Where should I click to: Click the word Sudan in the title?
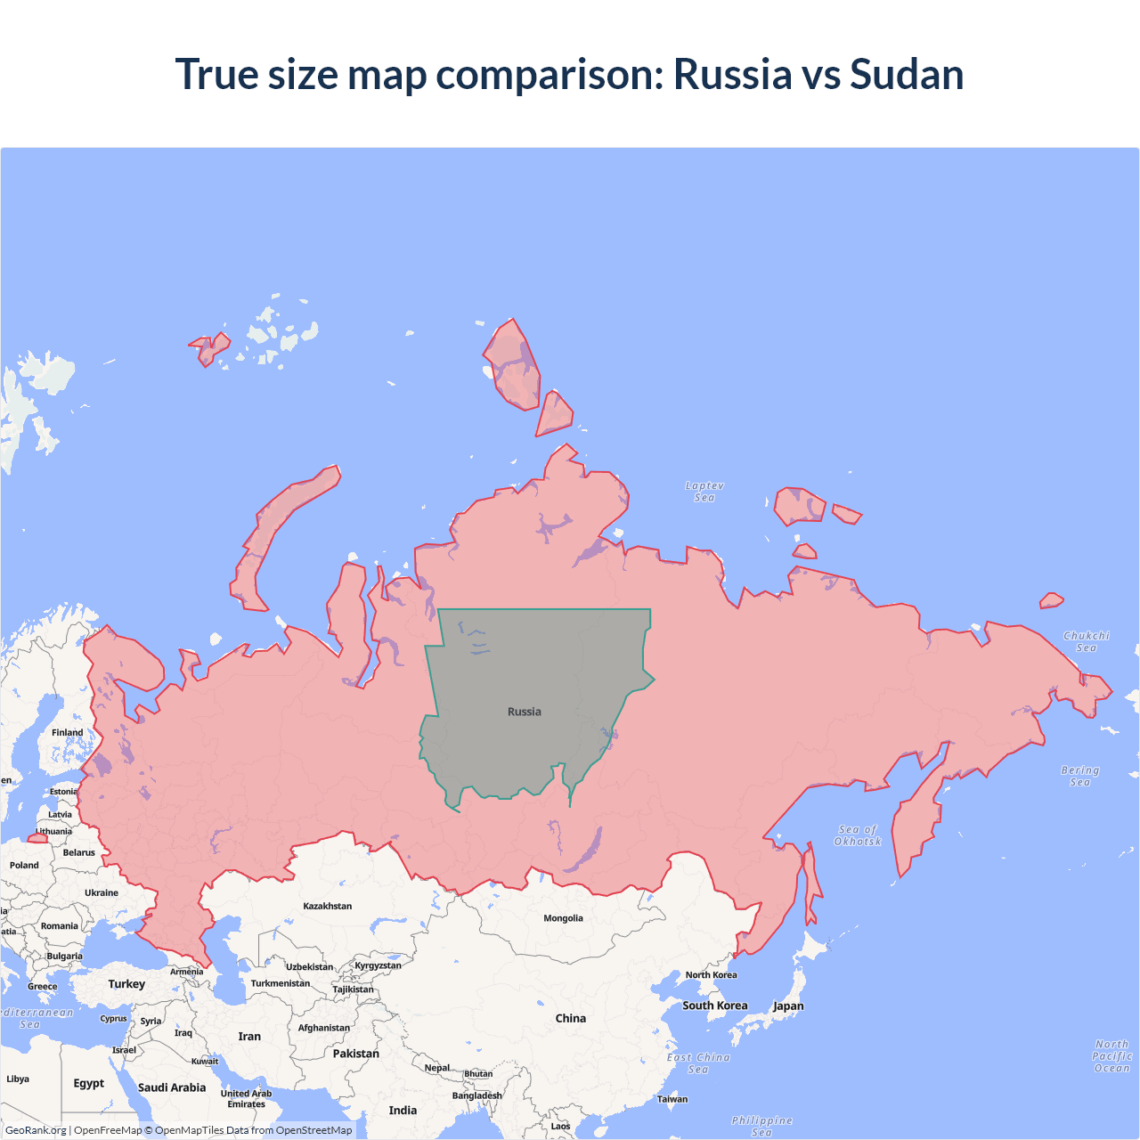click(x=907, y=74)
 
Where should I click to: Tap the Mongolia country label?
click(x=563, y=918)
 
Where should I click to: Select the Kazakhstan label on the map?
click(x=327, y=906)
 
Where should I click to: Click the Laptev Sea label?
click(x=704, y=492)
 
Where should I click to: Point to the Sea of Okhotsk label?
click(x=858, y=835)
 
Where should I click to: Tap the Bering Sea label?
click(x=1080, y=776)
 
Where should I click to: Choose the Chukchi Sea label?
click(x=1087, y=641)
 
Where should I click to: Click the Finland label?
click(x=67, y=732)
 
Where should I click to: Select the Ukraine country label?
click(x=102, y=892)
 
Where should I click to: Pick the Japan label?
click(x=788, y=1006)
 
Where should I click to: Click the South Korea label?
click(x=714, y=1006)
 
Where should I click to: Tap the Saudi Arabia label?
click(x=172, y=1087)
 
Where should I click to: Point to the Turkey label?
click(x=126, y=984)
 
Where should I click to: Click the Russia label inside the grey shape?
click(x=525, y=712)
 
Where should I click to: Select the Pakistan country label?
click(x=355, y=1054)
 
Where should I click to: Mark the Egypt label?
click(x=89, y=1083)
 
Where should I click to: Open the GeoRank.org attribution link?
click(x=36, y=1130)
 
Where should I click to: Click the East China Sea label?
click(x=698, y=1063)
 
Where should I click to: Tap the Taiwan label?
click(x=672, y=1099)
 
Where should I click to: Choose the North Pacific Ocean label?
click(x=1111, y=1056)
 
